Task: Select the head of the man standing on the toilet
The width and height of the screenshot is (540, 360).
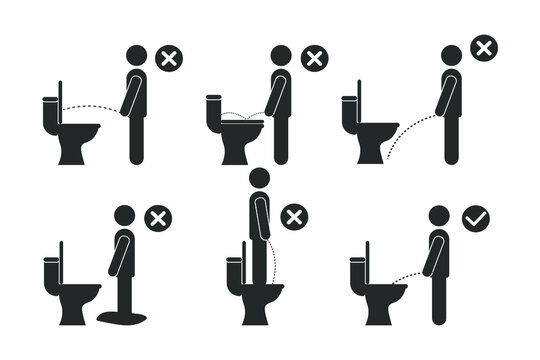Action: pyautogui.click(x=260, y=180)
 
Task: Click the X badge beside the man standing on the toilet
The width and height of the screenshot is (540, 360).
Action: pyautogui.click(x=293, y=218)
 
